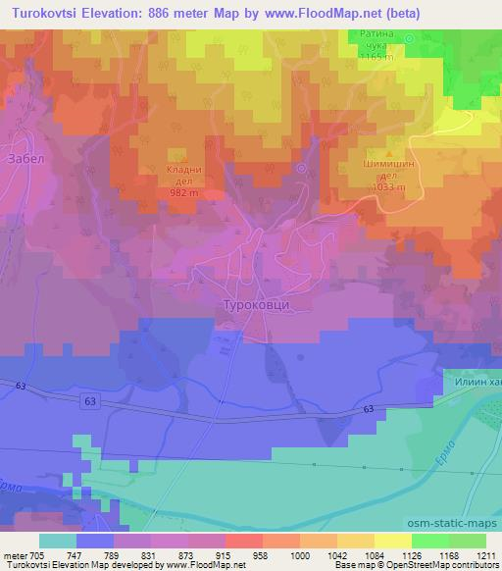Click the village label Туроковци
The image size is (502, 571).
coord(260,305)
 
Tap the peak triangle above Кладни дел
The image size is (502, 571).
coord(178,154)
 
